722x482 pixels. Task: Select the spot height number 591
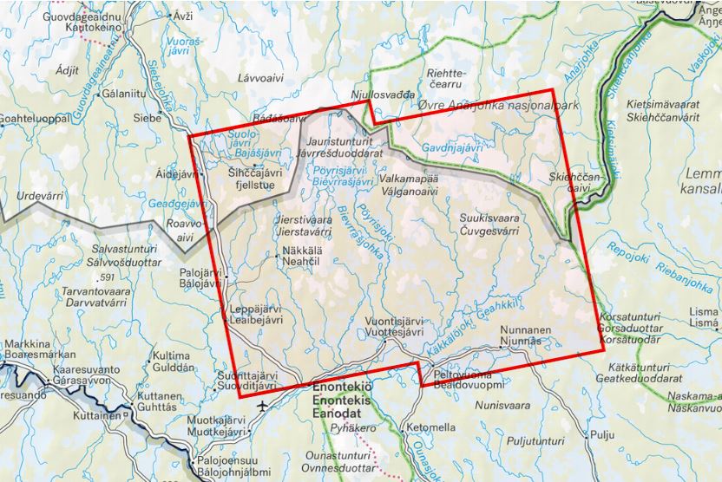point(108,277)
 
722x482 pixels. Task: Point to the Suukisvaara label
point(490,220)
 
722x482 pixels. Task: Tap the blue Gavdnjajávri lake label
point(451,148)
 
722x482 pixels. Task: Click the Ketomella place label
point(430,427)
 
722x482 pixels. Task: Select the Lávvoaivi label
point(261,78)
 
